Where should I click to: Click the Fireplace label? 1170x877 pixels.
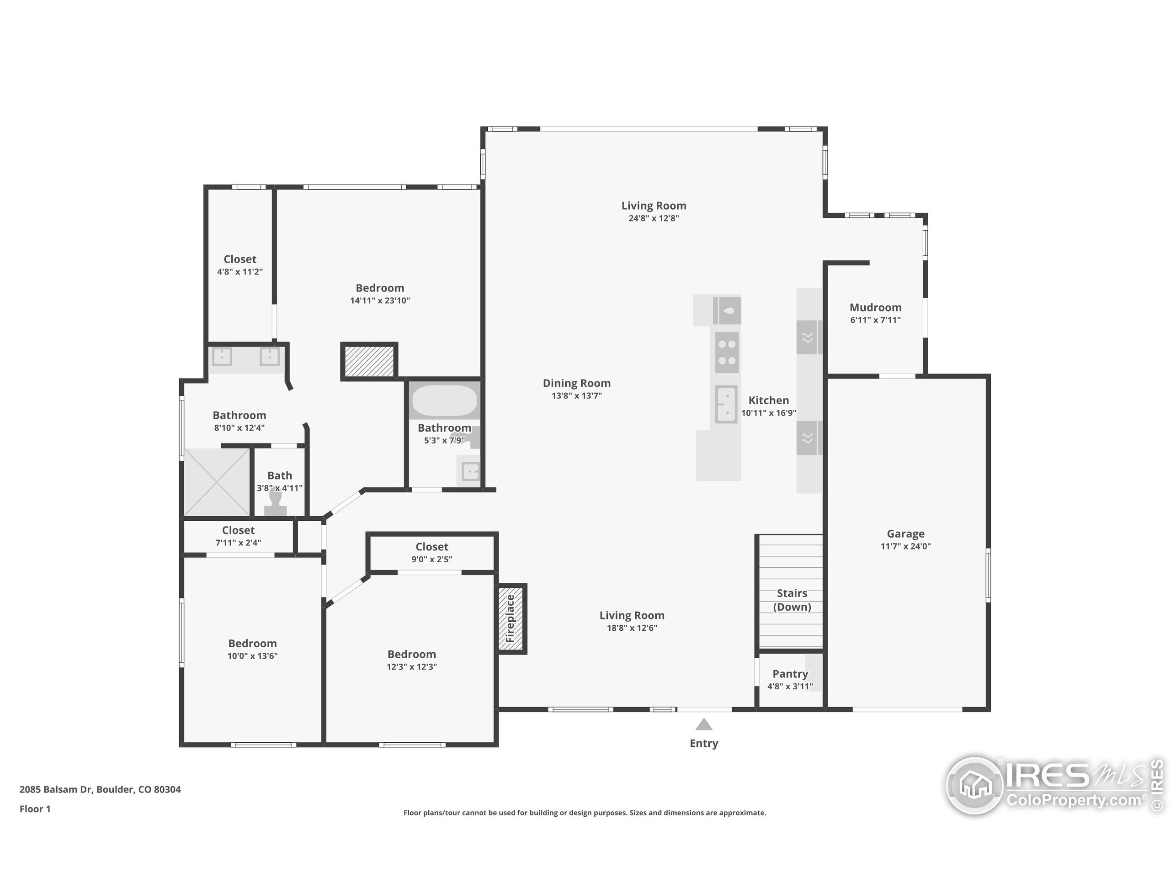point(511,618)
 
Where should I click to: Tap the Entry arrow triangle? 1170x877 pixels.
point(703,725)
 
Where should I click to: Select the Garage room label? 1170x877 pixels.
point(905,534)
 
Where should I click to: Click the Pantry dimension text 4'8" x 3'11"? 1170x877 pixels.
point(790,687)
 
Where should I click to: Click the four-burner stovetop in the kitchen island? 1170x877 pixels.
point(727,353)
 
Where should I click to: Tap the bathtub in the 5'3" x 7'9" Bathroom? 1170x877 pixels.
point(444,401)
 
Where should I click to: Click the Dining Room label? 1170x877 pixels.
point(576,383)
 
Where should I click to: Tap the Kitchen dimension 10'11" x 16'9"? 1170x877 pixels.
point(769,413)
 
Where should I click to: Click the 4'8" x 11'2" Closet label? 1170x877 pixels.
point(239,259)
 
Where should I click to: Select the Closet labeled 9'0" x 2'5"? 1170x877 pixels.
point(431,547)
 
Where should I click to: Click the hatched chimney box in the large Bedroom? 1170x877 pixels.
point(369,361)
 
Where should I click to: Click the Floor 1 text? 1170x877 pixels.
point(35,809)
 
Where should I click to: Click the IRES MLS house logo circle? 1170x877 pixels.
point(974,786)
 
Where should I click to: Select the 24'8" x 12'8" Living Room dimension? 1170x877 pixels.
point(653,218)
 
